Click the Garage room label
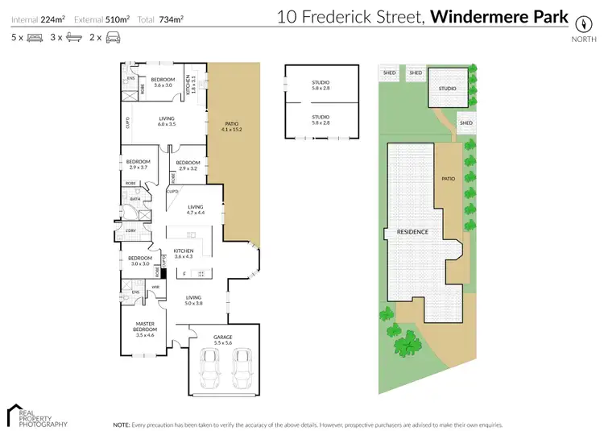(223, 339)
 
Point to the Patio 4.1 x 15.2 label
(232, 126)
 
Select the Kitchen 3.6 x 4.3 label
(184, 254)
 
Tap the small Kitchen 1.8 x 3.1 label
(192, 81)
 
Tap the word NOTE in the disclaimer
(122, 424)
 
